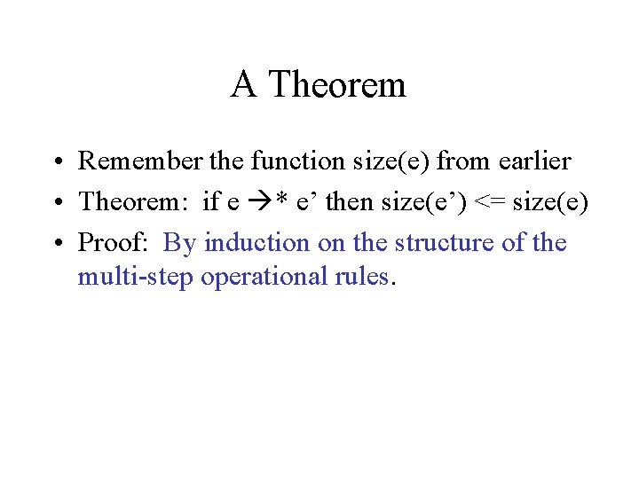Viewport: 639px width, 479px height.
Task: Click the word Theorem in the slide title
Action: (337, 85)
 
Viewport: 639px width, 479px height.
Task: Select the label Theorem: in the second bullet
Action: (136, 202)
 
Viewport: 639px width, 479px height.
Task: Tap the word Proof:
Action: (115, 243)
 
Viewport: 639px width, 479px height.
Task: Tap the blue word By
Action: (180, 243)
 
